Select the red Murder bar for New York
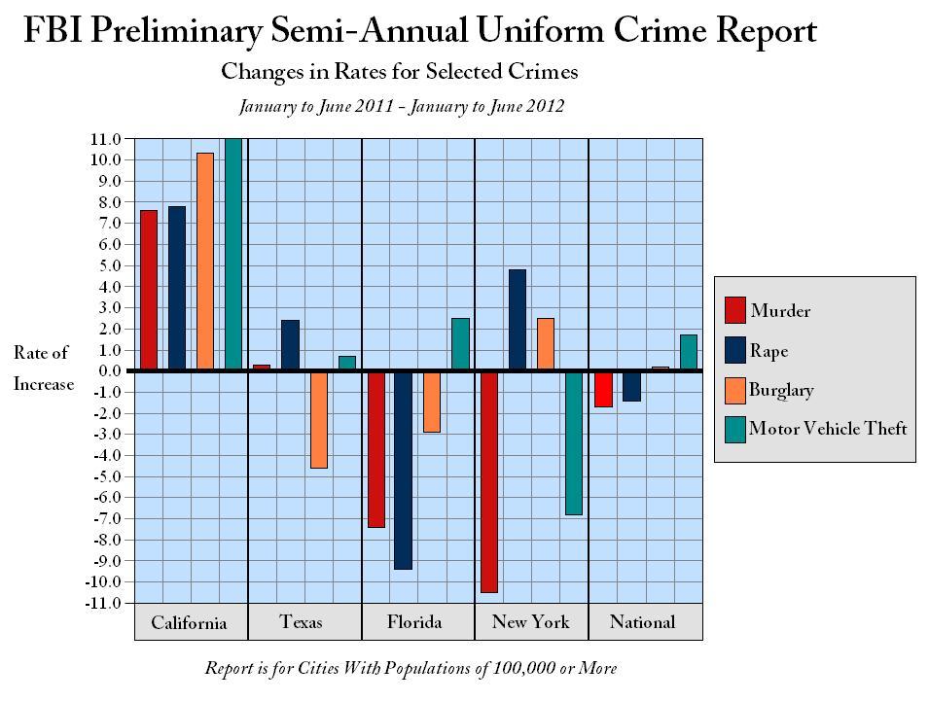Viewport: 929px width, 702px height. coord(488,481)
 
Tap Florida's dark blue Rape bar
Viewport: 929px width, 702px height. coord(403,470)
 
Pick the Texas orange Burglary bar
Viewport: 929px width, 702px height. coord(318,419)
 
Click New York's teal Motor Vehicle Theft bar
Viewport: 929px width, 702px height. coord(574,442)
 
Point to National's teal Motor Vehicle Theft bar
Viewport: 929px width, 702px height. coord(689,352)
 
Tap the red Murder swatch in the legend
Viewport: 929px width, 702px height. coord(735,310)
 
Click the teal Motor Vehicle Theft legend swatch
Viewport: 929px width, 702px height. coord(735,429)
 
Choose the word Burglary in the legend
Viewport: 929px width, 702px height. coord(781,390)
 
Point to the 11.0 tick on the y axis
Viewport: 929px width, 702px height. coord(107,139)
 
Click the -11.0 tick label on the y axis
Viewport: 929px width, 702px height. coord(103,603)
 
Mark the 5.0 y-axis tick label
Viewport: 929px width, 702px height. coord(109,265)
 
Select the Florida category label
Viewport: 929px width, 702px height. coord(414,622)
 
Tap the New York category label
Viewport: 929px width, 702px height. coord(530,622)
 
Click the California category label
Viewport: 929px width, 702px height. coord(189,623)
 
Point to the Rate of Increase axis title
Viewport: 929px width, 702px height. coord(42,369)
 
